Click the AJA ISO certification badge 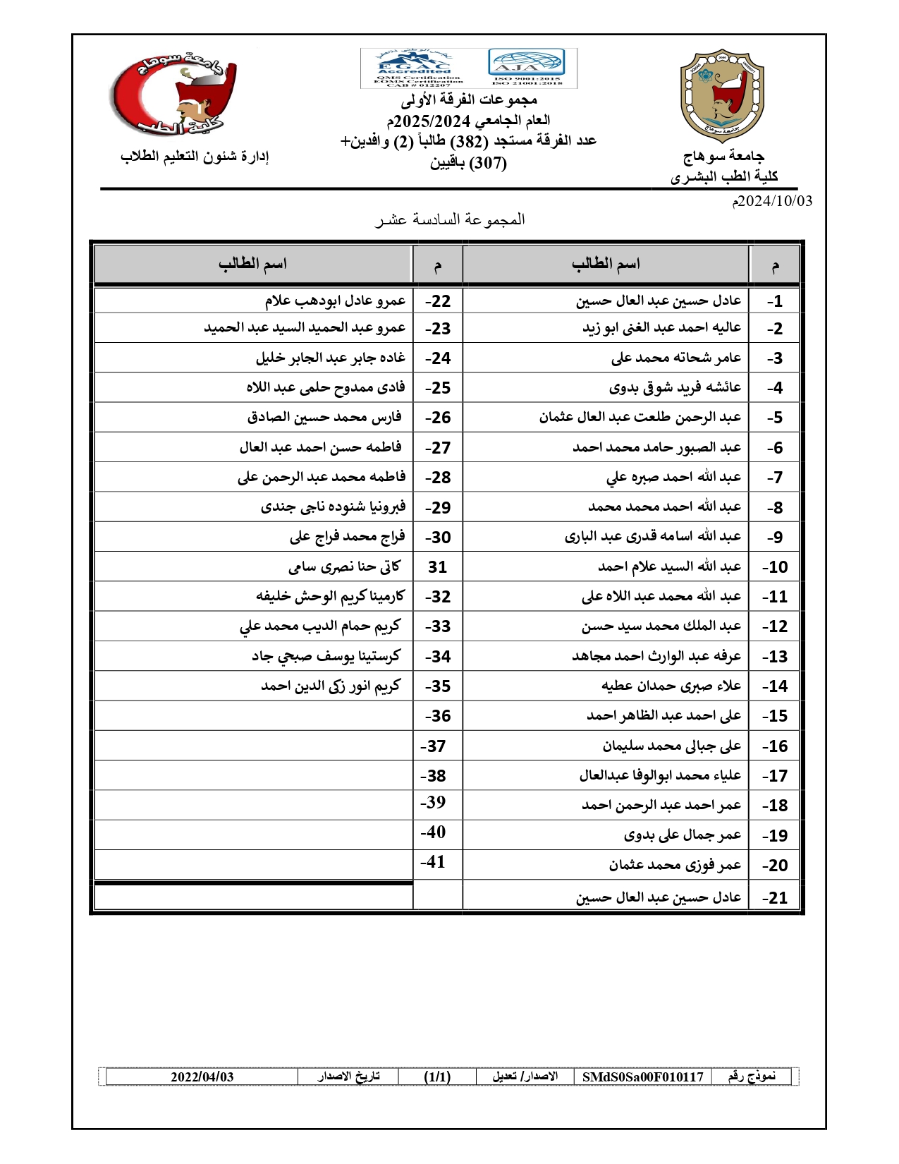(x=527, y=68)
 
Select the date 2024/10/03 (x=772, y=201)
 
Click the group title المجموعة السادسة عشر (x=450, y=219)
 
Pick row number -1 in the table (x=775, y=301)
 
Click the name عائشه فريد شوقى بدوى (x=675, y=387)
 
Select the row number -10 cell (x=775, y=566)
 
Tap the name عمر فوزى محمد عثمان (x=675, y=865)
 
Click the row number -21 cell (x=775, y=897)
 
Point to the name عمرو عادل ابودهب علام (x=335, y=301)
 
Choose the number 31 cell (x=437, y=566)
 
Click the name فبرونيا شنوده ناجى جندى (x=333, y=507)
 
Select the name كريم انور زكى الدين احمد (x=331, y=686)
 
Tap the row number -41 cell (x=434, y=861)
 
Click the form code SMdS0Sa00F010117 (x=642, y=1077)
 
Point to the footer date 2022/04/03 (x=202, y=1077)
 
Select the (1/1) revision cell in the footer (x=437, y=1077)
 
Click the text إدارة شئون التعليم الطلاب (x=195, y=156)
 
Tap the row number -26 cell (x=437, y=418)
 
